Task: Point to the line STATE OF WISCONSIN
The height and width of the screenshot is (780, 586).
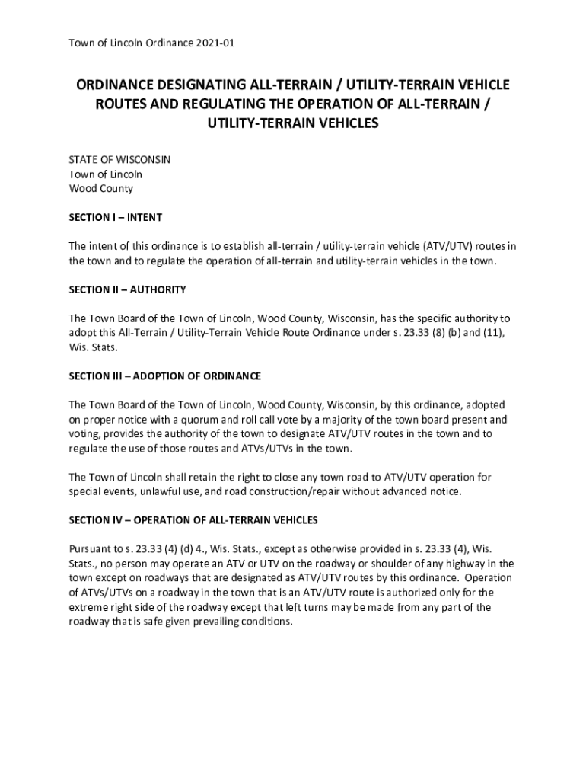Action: point(119,159)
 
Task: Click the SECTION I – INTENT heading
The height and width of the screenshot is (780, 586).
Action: point(115,217)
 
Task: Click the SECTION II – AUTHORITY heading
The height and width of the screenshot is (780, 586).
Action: point(127,289)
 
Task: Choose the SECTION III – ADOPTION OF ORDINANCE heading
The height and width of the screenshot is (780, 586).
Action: point(165,376)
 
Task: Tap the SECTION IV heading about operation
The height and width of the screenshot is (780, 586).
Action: point(193,520)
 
